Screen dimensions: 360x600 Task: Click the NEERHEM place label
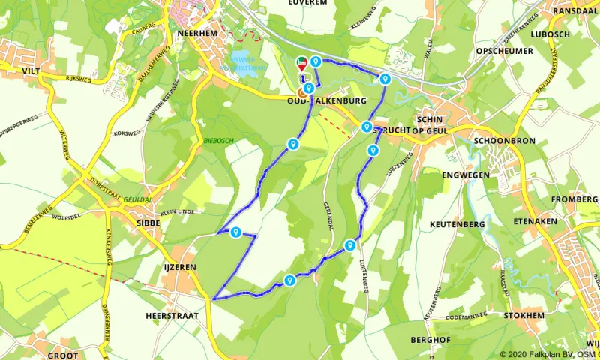coord(191,34)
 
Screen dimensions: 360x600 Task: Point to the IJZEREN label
coord(178,265)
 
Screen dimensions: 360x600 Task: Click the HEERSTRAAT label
coord(172,316)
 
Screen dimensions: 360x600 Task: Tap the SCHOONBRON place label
coord(505,140)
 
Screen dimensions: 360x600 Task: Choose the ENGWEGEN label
coord(466,175)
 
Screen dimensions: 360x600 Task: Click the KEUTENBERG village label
coord(457,224)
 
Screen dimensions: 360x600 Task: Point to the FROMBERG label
coord(574,199)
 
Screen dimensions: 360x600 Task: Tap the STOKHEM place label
coord(524,316)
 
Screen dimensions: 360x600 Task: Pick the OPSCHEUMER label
coord(504,51)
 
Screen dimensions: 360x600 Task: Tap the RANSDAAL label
coord(575,11)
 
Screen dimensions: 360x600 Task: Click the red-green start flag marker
coord(302,64)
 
